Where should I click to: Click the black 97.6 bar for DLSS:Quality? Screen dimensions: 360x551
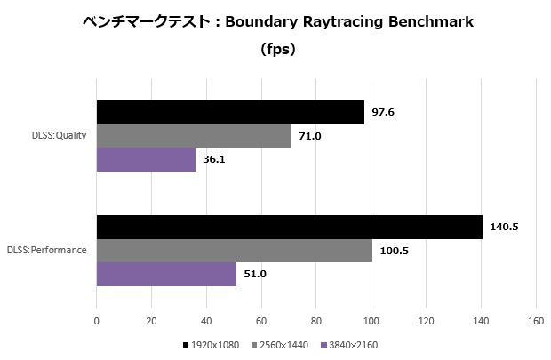pos(230,112)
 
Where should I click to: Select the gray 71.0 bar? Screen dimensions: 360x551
pos(194,135)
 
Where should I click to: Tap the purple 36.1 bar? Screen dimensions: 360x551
pos(146,159)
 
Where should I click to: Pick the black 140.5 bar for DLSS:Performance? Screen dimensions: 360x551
pos(289,227)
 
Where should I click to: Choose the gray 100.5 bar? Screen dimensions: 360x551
pos(234,250)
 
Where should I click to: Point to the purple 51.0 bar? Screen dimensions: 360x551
pos(166,274)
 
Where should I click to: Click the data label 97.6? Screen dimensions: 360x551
pos(383,112)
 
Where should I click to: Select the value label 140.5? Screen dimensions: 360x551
pos(503,227)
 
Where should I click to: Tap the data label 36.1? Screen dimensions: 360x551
pos(214,159)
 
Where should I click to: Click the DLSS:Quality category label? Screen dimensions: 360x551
pos(58,136)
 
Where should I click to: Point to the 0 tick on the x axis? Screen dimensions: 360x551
pos(96,321)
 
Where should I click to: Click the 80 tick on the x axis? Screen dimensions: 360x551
pos(316,321)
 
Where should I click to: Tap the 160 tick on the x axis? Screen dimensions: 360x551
pos(536,321)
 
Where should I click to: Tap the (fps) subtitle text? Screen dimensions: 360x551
pos(277,50)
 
